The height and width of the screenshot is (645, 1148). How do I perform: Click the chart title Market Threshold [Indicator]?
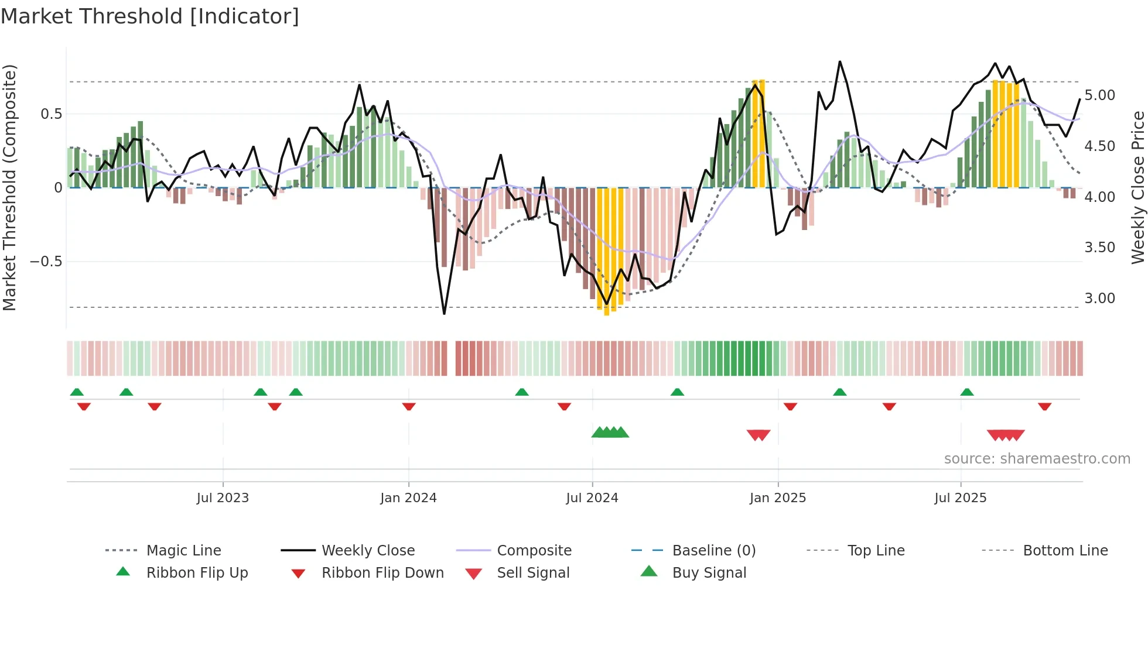pyautogui.click(x=150, y=16)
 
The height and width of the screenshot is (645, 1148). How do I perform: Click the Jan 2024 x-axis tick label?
pyautogui.click(x=408, y=498)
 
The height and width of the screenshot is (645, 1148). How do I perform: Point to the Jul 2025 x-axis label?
pyautogui.click(x=960, y=498)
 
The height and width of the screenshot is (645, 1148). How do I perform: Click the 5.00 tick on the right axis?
pyautogui.click(x=1099, y=95)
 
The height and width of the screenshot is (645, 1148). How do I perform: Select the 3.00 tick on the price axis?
pyautogui.click(x=1099, y=299)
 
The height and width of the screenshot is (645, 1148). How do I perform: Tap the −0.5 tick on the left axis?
pyautogui.click(x=46, y=262)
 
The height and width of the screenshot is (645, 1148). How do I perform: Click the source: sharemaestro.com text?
pyautogui.click(x=1037, y=459)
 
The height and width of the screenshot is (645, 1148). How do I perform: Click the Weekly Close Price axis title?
pyautogui.click(x=1137, y=187)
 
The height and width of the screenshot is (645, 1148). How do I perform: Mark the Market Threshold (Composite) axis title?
pyautogui.click(x=9, y=187)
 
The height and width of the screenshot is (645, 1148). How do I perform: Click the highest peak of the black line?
pyautogui.click(x=839, y=61)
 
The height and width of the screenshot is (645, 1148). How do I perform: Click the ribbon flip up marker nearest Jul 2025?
pyautogui.click(x=967, y=392)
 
